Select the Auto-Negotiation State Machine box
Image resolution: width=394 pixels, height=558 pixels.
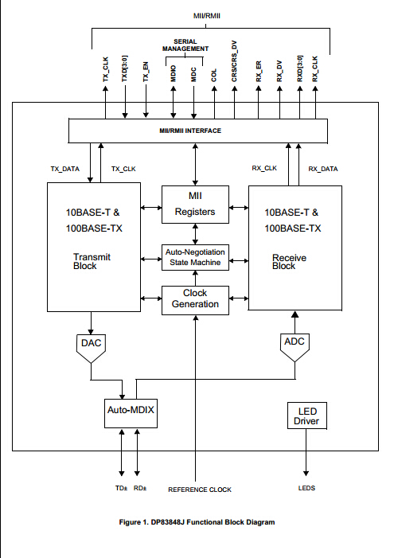[x=195, y=256]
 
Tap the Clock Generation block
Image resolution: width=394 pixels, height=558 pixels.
[x=195, y=299]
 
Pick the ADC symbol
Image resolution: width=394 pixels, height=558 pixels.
[x=295, y=345]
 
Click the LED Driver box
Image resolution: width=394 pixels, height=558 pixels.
[x=306, y=415]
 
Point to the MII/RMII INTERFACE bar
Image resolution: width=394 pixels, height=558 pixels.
[x=195, y=130]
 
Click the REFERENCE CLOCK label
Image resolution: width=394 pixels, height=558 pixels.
[x=199, y=489]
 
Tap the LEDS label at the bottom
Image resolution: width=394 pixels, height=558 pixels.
[x=307, y=489]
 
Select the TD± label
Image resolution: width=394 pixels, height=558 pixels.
[x=120, y=489]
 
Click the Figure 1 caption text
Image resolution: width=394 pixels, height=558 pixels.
[x=196, y=522]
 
